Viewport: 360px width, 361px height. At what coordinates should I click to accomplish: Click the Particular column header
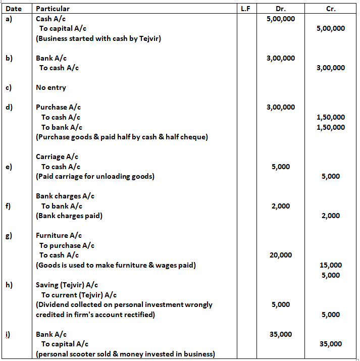click(x=53, y=9)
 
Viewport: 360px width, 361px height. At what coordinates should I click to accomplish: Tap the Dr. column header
click(x=281, y=9)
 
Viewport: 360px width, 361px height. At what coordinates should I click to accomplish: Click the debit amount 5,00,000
click(x=281, y=19)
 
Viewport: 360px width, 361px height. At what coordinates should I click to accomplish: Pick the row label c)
click(x=9, y=87)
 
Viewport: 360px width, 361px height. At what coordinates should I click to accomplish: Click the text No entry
click(x=51, y=87)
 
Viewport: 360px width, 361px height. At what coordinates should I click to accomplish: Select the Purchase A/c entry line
click(x=58, y=107)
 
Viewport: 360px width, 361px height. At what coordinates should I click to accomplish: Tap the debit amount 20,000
click(x=281, y=255)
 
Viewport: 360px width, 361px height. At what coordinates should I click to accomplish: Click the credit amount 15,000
click(x=331, y=265)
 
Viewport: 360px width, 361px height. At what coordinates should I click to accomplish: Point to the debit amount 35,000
click(x=281, y=334)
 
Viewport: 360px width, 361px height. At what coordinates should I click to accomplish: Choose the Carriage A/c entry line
click(x=57, y=157)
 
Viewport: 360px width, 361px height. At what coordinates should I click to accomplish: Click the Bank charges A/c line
click(x=65, y=196)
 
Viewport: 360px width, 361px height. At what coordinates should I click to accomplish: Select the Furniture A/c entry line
click(x=59, y=235)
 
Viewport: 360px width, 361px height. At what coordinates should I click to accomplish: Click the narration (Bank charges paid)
click(x=69, y=216)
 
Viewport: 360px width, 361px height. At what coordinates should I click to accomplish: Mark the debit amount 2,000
click(x=281, y=206)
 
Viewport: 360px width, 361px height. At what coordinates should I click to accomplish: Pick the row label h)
click(x=9, y=285)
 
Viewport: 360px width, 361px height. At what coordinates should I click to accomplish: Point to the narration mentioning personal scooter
click(x=125, y=354)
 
